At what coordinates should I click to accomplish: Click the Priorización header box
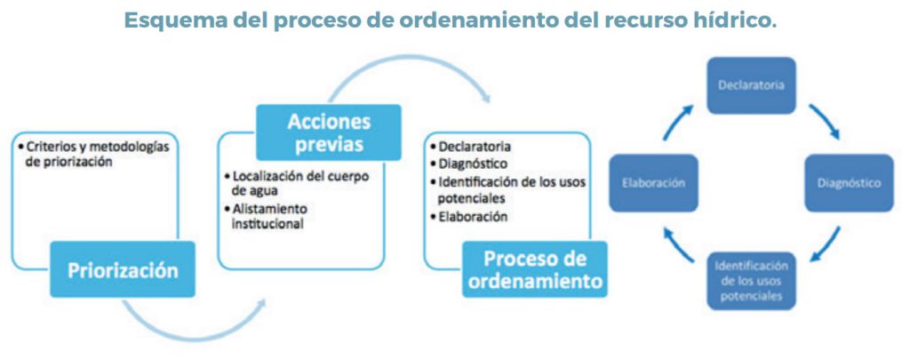tap(123, 269)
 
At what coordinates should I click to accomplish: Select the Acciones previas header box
tap(329, 132)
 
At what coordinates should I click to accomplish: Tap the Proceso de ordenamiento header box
tap(534, 269)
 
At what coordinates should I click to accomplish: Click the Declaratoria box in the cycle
tap(751, 85)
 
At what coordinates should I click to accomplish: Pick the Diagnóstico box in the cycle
tap(849, 183)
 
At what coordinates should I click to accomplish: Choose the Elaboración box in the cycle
tap(653, 183)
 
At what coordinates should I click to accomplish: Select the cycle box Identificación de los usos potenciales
tap(751, 281)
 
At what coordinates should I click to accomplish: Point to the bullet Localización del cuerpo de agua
tap(296, 183)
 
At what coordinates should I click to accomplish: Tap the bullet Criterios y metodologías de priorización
tap(93, 154)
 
